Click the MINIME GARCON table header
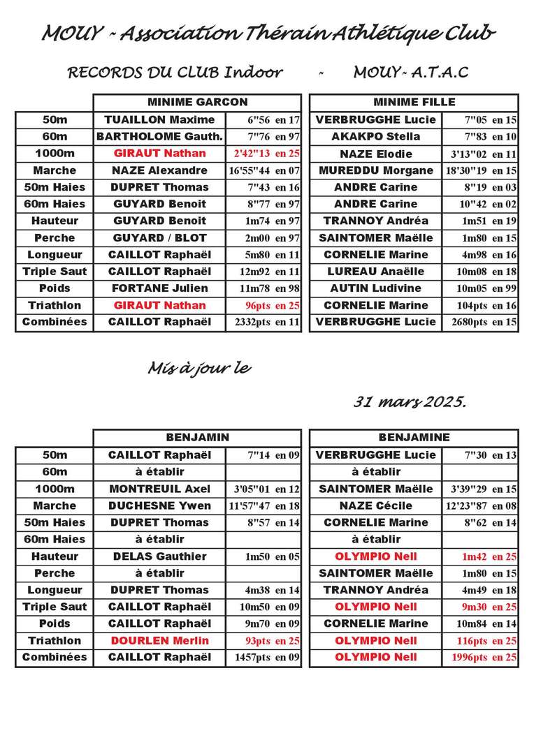point(197,102)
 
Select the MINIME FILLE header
point(414,102)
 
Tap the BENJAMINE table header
point(414,438)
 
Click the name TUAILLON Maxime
point(159,119)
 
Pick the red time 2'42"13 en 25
point(264,154)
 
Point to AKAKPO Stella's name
point(375,136)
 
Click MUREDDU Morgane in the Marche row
point(375,170)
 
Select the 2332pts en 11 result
point(264,323)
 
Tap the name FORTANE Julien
point(159,288)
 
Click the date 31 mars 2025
point(409,402)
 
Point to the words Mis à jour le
point(199,369)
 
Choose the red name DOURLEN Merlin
point(159,641)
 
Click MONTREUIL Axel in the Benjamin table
point(159,489)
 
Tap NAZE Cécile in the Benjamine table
point(375,505)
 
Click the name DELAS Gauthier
point(159,556)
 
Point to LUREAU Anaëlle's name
point(375,272)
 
